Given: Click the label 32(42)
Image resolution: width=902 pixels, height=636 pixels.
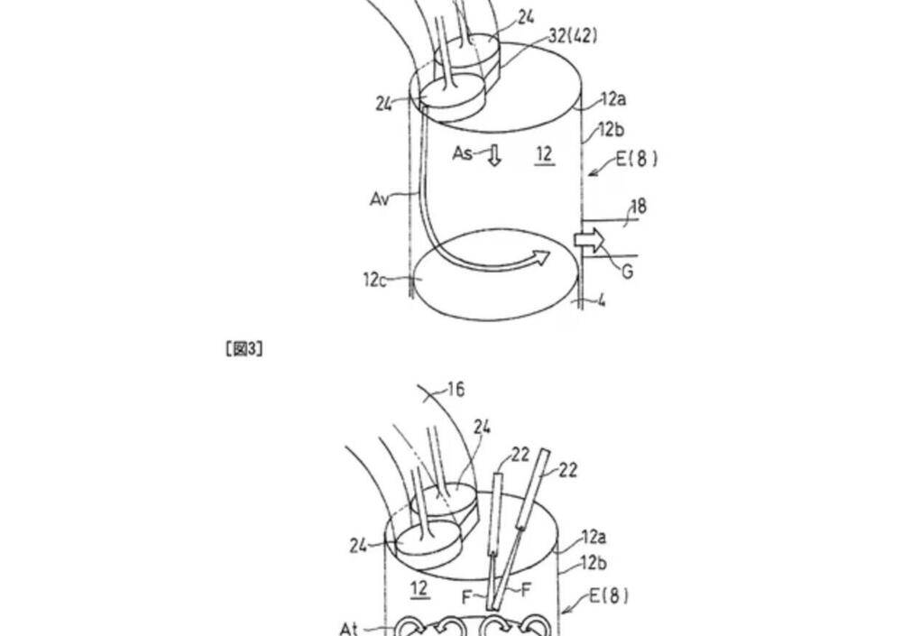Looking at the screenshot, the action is point(573,36).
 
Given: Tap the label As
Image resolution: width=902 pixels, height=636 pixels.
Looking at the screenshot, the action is point(463,153).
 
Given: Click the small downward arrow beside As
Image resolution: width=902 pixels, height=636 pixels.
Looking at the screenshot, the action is point(494,155).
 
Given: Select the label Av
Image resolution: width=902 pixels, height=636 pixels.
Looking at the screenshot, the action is point(379,199).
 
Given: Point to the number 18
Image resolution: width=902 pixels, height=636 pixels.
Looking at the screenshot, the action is point(639,207).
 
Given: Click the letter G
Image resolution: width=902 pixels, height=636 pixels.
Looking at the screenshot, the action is point(628,271).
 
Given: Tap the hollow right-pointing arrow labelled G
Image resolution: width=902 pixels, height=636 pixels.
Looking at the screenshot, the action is point(589,240).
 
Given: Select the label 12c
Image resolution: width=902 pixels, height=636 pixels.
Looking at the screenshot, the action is point(374,280).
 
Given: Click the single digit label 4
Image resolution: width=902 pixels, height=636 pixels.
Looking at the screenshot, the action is point(601,300).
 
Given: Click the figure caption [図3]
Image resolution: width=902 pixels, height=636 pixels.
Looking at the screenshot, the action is point(244,348).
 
